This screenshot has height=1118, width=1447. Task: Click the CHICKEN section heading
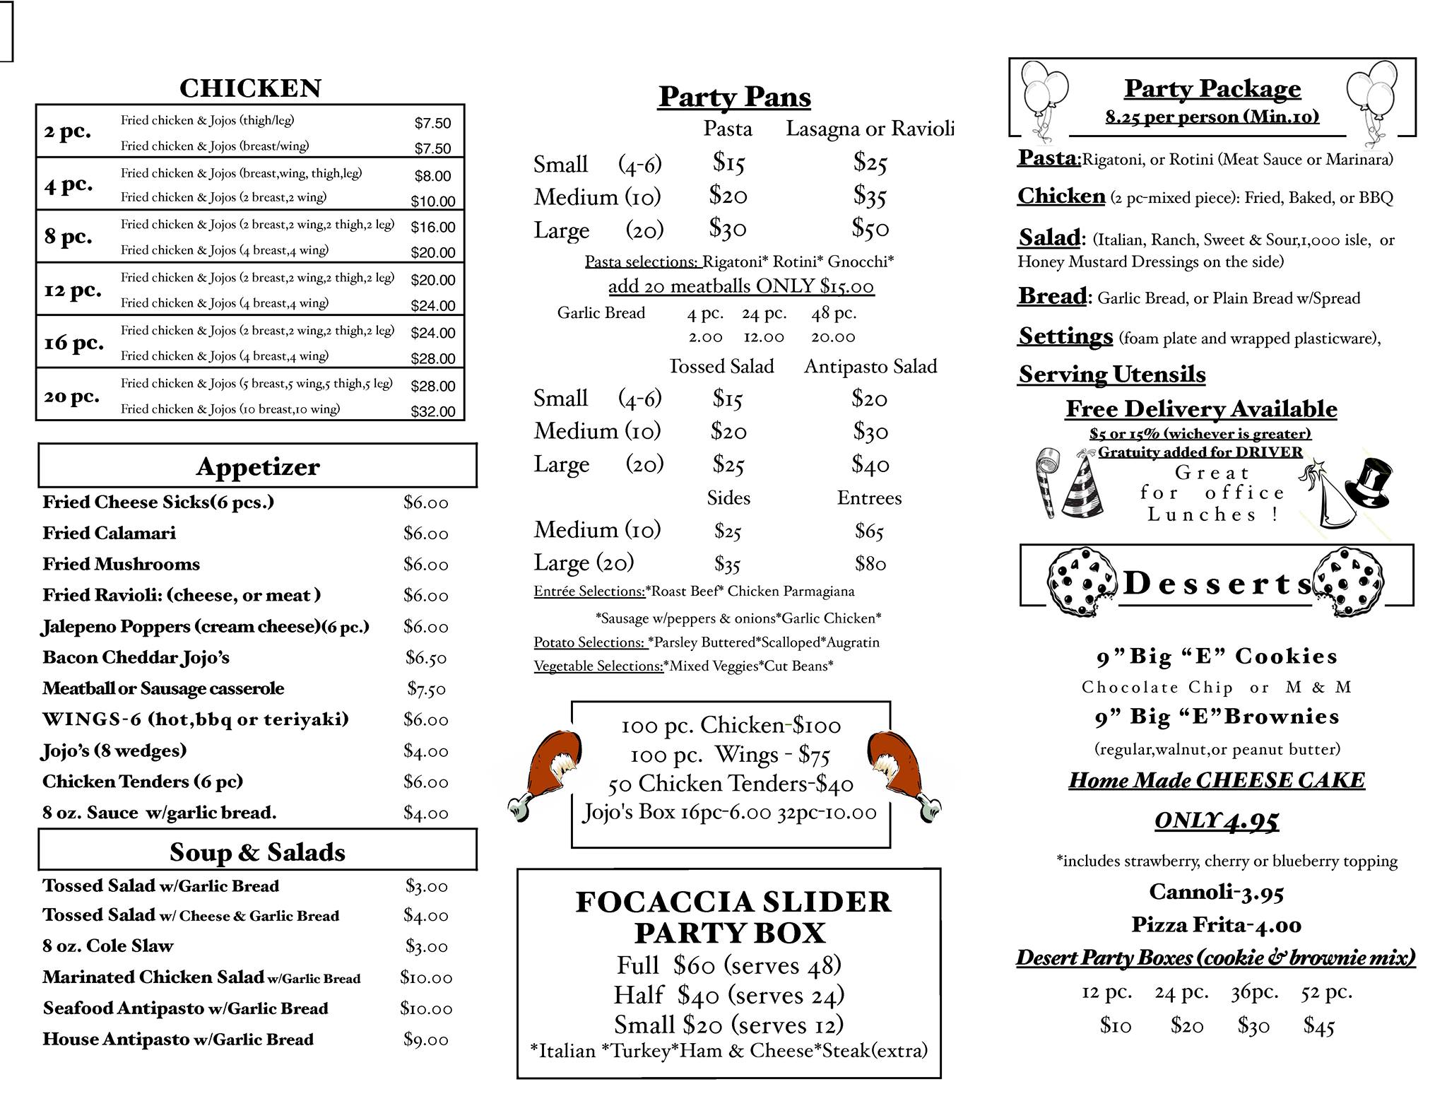click(250, 88)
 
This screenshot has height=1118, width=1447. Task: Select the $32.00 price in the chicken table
click(433, 411)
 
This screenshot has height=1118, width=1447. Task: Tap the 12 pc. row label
click(73, 290)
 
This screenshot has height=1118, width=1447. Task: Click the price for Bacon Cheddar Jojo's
click(425, 658)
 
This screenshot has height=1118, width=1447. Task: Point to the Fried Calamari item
click(109, 533)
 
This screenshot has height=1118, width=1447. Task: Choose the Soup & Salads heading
click(257, 852)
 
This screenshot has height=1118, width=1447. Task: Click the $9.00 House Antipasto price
click(425, 1040)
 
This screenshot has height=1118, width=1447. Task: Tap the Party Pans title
click(734, 97)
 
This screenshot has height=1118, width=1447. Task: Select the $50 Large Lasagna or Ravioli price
click(870, 228)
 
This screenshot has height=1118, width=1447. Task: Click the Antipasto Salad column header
click(870, 366)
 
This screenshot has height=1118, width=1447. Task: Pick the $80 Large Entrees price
click(869, 563)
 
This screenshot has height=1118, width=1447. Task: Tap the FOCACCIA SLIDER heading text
click(733, 902)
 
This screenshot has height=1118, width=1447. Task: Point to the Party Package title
click(1212, 88)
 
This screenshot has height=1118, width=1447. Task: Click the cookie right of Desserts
click(1347, 581)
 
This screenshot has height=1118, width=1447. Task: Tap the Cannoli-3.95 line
click(1215, 892)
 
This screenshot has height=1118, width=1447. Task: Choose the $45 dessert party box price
click(1318, 1025)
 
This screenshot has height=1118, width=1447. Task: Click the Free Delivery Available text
click(1201, 408)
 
